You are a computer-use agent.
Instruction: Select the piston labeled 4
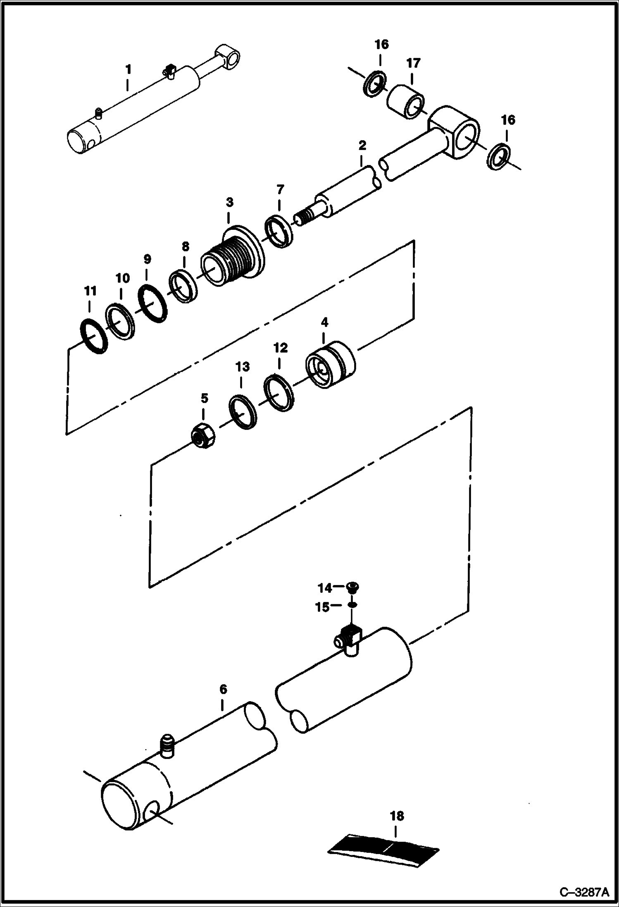click(x=331, y=364)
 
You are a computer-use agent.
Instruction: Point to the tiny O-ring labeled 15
click(x=352, y=605)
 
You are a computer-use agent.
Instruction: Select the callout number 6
click(x=223, y=689)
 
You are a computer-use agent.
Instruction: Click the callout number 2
click(x=362, y=145)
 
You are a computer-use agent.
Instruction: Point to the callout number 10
click(x=122, y=278)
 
